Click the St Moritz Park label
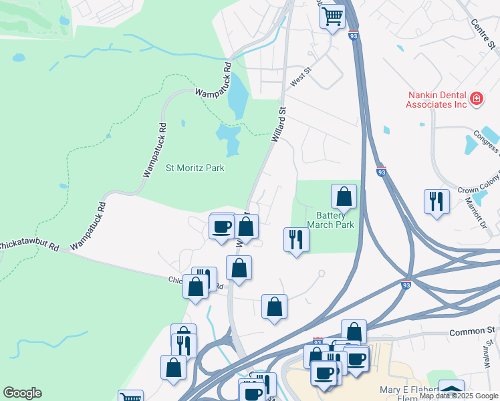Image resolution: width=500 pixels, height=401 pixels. [195, 168]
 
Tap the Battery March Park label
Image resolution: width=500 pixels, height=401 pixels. [330, 219]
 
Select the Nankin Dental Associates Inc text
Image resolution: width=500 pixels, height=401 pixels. [436, 100]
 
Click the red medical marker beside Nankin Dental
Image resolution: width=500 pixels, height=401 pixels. [476, 100]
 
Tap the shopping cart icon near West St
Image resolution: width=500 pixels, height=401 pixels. [332, 15]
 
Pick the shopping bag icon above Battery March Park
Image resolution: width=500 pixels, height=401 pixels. [344, 196]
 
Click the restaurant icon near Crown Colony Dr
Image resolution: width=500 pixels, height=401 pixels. [436, 201]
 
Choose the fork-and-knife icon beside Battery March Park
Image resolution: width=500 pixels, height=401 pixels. [296, 239]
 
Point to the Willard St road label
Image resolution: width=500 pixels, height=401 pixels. [279, 125]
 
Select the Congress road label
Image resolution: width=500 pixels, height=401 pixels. [486, 140]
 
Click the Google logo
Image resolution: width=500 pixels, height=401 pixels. [22, 393]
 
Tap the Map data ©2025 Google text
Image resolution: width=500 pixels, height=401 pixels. [459, 396]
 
